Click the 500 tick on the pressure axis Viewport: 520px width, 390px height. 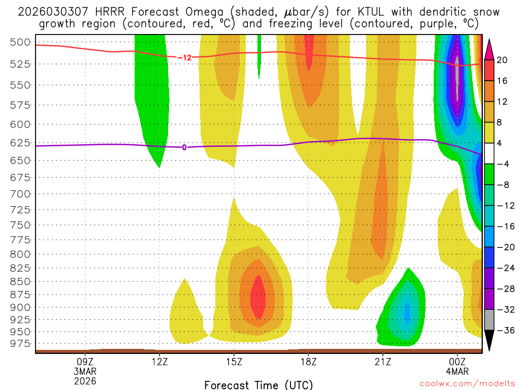[x=21, y=42]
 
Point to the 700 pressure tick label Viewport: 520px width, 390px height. [x=21, y=193]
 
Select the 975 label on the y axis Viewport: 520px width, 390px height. [x=21, y=344]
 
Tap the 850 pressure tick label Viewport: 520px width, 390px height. [x=21, y=281]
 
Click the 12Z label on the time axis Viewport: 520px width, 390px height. [x=159, y=362]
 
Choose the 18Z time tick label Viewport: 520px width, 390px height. [x=309, y=362]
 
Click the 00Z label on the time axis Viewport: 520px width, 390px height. [x=457, y=362]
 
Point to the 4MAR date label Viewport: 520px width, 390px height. [x=457, y=371]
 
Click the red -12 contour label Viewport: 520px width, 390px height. [x=184, y=57]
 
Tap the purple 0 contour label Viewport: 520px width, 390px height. [x=184, y=147]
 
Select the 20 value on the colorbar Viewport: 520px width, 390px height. [x=502, y=60]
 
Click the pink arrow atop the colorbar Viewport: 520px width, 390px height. [x=490, y=48]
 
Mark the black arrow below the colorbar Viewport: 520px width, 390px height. [x=490, y=341]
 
